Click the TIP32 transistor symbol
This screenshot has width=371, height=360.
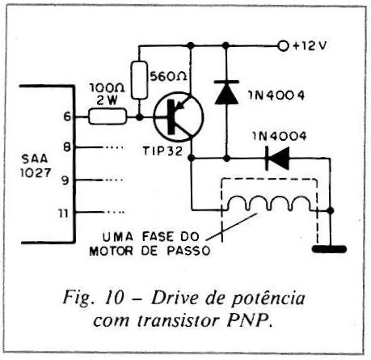pyautogui.click(x=179, y=116)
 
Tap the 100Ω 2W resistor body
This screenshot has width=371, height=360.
pyautogui.click(x=108, y=116)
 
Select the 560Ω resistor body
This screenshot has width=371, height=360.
pyautogui.click(x=139, y=80)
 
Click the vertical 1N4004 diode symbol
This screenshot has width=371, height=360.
pyautogui.click(x=226, y=92)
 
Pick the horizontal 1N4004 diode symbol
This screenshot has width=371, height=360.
pyautogui.click(x=277, y=159)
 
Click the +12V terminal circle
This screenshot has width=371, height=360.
pyautogui.click(x=283, y=46)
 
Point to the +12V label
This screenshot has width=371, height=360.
pyautogui.click(x=310, y=46)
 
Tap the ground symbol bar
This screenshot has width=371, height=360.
pyautogui.click(x=329, y=248)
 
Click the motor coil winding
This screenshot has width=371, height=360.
pyautogui.click(x=268, y=203)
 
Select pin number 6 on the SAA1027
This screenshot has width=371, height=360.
pyautogui.click(x=67, y=116)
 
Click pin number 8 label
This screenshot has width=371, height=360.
pyautogui.click(x=67, y=147)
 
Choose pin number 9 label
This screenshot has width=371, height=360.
pyautogui.click(x=65, y=180)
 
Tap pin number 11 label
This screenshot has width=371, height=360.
pyautogui.click(x=64, y=214)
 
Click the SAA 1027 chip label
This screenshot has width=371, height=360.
pyautogui.click(x=36, y=165)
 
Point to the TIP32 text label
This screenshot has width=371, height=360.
pyautogui.click(x=162, y=151)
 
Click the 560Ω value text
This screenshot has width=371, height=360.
pyautogui.click(x=168, y=77)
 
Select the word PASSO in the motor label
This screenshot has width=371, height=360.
pyautogui.click(x=188, y=251)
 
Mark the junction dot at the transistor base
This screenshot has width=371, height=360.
pyautogui.click(x=139, y=117)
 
